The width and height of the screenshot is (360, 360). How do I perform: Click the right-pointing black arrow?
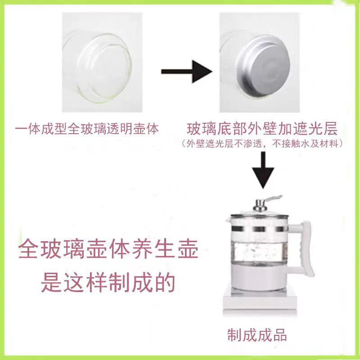[x=186, y=71]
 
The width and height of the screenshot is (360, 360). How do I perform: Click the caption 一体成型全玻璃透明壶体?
[x=87, y=129]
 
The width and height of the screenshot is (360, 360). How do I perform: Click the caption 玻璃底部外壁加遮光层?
[x=262, y=129]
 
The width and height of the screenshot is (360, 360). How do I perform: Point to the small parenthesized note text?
[x=262, y=144]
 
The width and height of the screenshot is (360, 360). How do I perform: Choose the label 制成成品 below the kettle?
[x=257, y=335]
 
